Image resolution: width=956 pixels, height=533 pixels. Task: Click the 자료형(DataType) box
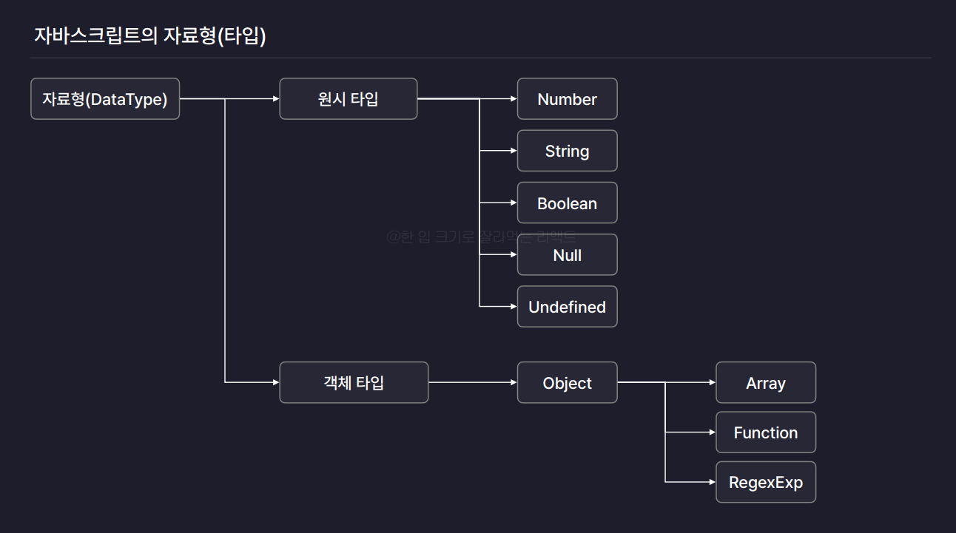(x=105, y=99)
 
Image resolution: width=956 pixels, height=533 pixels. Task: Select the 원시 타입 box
(x=348, y=99)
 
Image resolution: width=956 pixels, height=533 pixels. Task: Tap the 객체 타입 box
(x=354, y=382)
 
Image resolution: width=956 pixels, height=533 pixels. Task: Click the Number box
(x=567, y=99)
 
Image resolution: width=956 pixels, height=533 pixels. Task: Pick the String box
(x=567, y=151)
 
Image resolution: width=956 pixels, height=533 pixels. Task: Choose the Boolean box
(x=567, y=203)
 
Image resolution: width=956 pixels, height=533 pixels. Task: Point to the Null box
(x=567, y=255)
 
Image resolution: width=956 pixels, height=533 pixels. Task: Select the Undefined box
(x=567, y=307)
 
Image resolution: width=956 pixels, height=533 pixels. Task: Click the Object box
(x=567, y=383)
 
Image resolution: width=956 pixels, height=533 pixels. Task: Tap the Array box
(x=765, y=383)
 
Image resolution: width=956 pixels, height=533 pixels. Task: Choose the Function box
(x=765, y=432)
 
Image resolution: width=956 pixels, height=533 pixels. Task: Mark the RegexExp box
(x=765, y=482)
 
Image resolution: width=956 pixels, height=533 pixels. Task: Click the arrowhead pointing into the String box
(x=513, y=151)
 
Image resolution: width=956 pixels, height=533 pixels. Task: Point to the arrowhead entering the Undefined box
(x=513, y=306)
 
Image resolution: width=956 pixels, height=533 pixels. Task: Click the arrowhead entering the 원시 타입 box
(x=275, y=99)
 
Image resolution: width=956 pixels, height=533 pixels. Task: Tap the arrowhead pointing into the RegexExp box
(x=712, y=482)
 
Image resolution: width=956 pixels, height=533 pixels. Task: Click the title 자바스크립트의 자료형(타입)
(x=150, y=35)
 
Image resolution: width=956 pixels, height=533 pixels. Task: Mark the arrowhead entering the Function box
(x=712, y=432)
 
